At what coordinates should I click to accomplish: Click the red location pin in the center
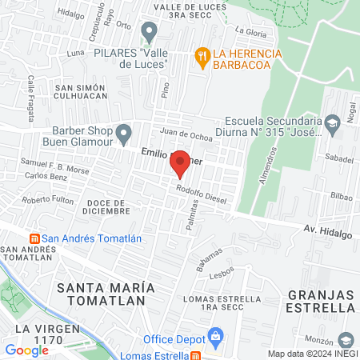point(181,164)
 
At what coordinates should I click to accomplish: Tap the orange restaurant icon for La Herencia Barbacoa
point(202,54)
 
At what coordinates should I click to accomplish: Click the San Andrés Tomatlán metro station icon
point(34,238)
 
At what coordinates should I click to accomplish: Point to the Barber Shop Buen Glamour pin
point(122,131)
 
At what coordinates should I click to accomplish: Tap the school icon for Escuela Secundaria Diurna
point(334,122)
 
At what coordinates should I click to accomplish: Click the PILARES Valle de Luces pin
point(148,32)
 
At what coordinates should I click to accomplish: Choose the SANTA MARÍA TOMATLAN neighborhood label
point(102,293)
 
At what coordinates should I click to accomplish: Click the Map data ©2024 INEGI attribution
point(312,354)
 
